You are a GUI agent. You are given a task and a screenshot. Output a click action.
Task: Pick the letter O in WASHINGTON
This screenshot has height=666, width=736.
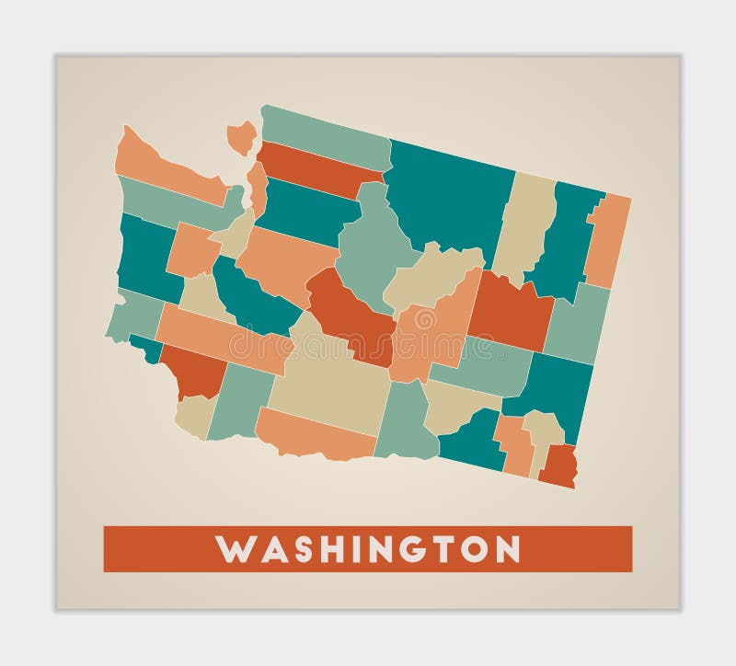[x=475, y=549]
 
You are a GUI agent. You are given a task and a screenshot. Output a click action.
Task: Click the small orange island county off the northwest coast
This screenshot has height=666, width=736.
[x=242, y=137]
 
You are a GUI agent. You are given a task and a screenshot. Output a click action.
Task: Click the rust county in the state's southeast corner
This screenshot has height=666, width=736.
[x=558, y=465]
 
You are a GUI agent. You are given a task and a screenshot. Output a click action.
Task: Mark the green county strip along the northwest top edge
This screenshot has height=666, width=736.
[x=324, y=129]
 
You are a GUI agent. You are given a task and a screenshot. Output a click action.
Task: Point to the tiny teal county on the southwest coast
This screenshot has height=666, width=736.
[x=146, y=347]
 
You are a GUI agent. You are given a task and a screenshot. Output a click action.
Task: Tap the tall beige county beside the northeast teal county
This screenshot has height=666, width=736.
[x=528, y=225]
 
